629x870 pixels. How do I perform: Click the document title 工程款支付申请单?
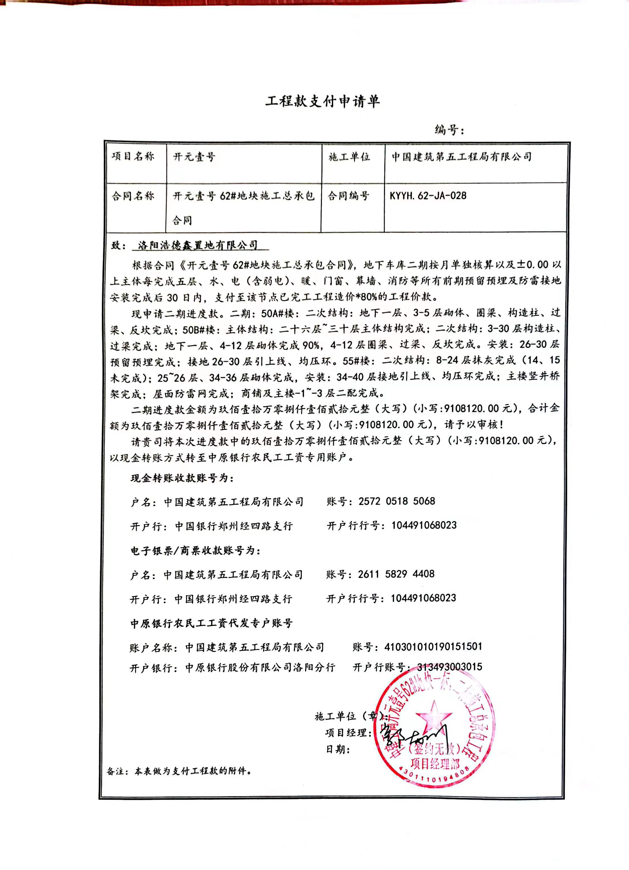pos(322,101)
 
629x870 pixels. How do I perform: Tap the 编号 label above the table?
pos(449,130)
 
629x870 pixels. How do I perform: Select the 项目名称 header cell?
pos(133,156)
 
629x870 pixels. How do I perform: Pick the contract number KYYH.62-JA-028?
pos(428,196)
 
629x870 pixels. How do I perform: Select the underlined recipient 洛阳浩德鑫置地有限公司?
pos(198,245)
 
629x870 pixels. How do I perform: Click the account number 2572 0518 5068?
pos(397,501)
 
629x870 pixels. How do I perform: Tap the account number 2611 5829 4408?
pos(396,574)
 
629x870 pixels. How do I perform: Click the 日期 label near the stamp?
pos(338,749)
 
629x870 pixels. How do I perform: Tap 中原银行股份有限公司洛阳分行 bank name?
pos(260,668)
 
